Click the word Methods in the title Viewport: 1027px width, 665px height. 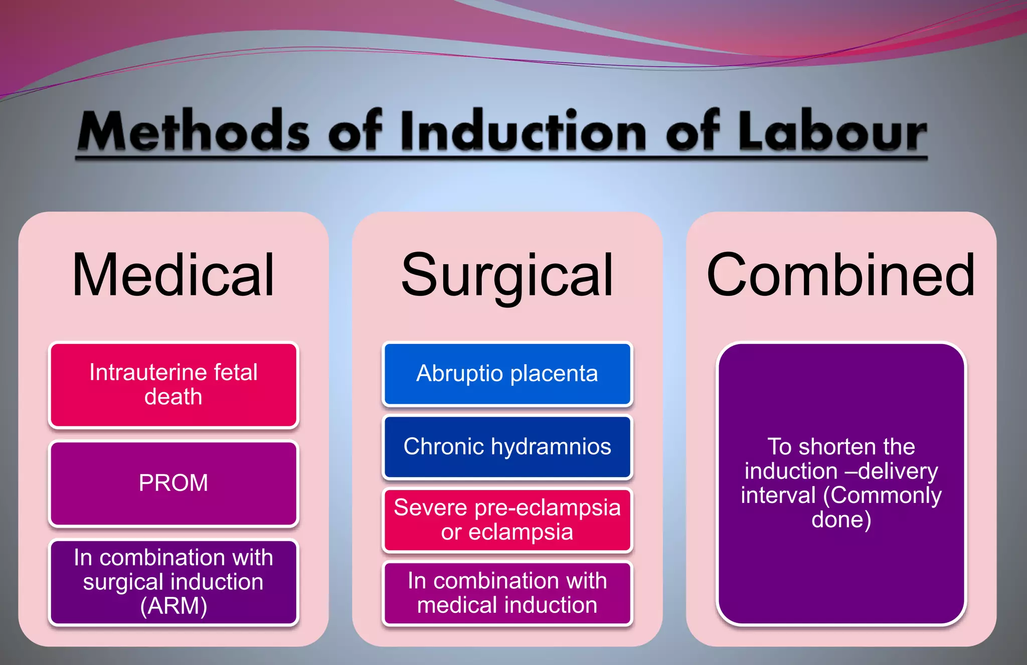click(193, 131)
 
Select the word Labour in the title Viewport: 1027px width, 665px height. click(832, 131)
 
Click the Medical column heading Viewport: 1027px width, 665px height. click(173, 275)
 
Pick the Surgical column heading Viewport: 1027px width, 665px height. click(507, 275)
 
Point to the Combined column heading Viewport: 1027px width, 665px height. click(841, 275)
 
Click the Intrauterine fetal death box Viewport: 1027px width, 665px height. click(174, 385)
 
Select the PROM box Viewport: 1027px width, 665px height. click(174, 483)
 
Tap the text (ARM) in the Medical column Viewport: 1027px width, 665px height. click(174, 606)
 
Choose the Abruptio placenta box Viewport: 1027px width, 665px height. click(507, 374)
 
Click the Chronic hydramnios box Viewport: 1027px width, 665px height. click(507, 447)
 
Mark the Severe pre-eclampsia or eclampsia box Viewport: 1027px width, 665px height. click(507, 520)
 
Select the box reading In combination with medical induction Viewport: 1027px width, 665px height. click(507, 593)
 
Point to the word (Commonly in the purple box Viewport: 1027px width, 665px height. click(883, 495)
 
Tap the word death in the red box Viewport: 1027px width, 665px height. click(174, 397)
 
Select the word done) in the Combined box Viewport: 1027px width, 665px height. click(841, 520)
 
